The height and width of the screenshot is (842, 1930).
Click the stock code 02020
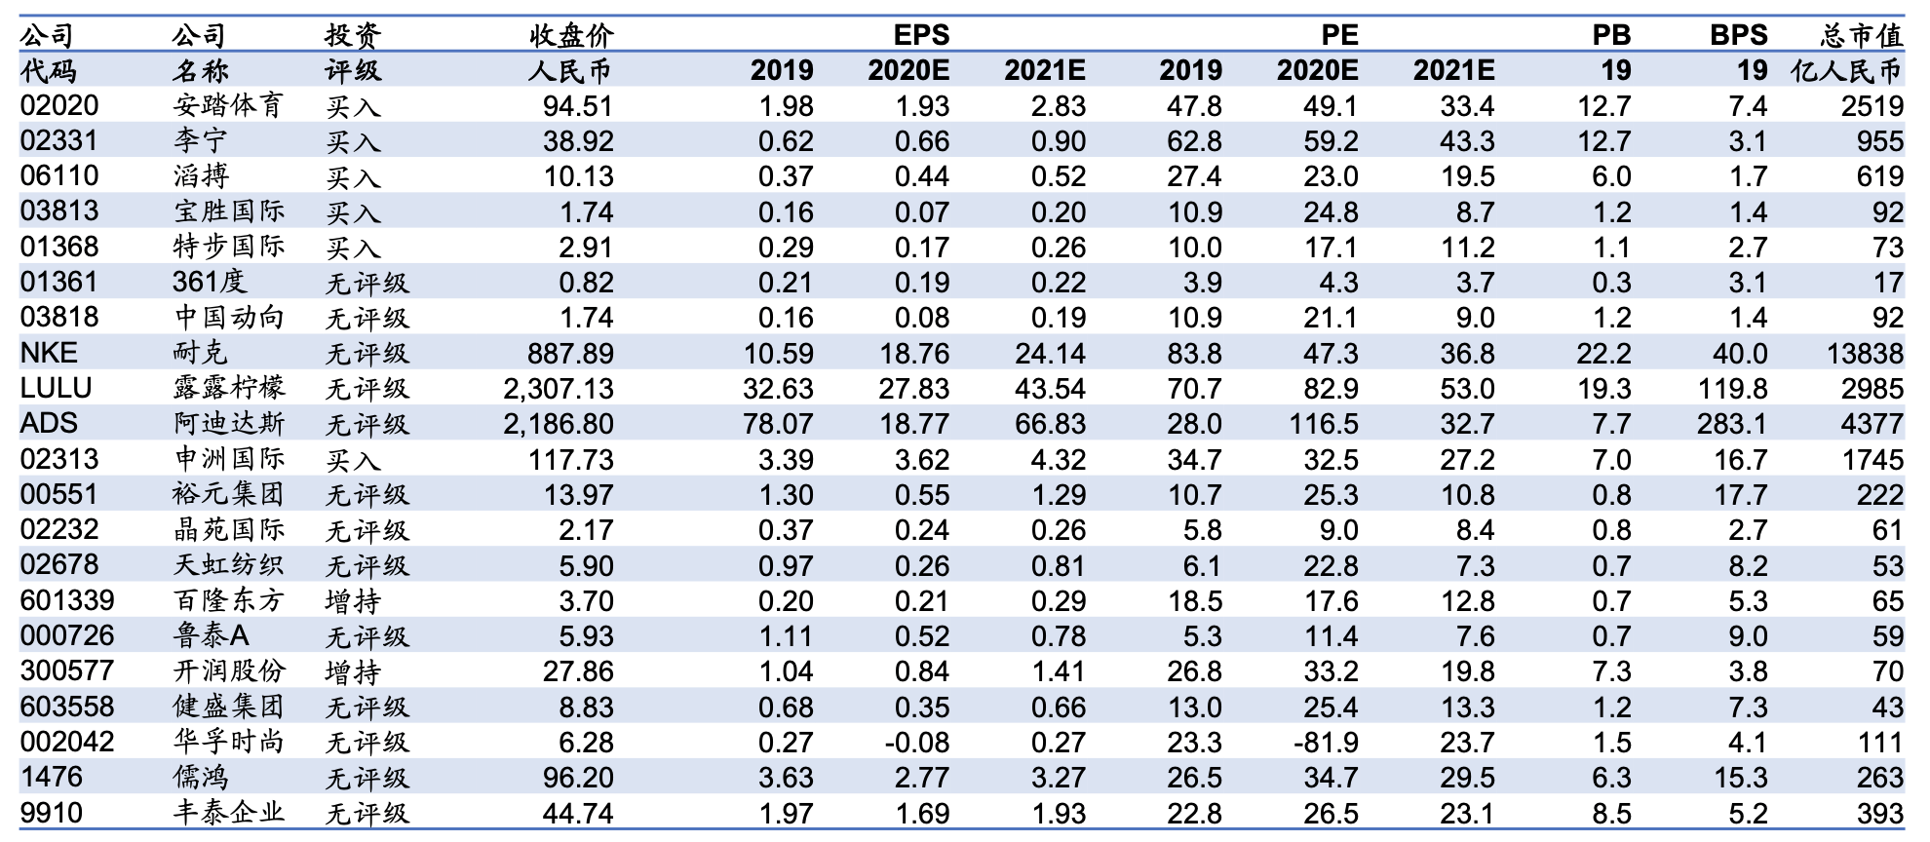click(59, 105)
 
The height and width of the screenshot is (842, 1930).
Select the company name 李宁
click(201, 140)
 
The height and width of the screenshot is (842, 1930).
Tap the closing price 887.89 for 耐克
click(571, 353)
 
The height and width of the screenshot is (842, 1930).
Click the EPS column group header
click(921, 35)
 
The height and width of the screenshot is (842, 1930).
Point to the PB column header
click(1611, 35)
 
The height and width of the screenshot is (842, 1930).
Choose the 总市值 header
click(1862, 35)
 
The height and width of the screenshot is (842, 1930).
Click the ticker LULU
click(57, 388)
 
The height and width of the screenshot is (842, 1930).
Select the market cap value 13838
click(1865, 353)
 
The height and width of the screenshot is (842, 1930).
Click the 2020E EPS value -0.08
click(916, 742)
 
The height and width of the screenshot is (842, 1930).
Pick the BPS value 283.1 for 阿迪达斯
click(1732, 424)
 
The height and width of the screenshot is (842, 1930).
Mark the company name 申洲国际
click(229, 459)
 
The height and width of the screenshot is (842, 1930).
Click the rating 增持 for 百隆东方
click(353, 600)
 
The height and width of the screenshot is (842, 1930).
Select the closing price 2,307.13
click(559, 388)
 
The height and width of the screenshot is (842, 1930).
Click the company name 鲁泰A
click(212, 635)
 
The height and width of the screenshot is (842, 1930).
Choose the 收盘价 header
click(572, 35)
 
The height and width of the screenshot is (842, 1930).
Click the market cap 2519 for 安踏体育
click(1872, 105)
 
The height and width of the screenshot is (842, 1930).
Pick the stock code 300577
click(67, 670)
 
